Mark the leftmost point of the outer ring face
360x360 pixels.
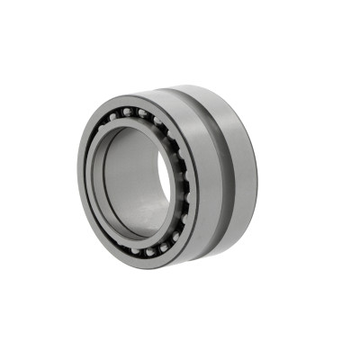(78, 180)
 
